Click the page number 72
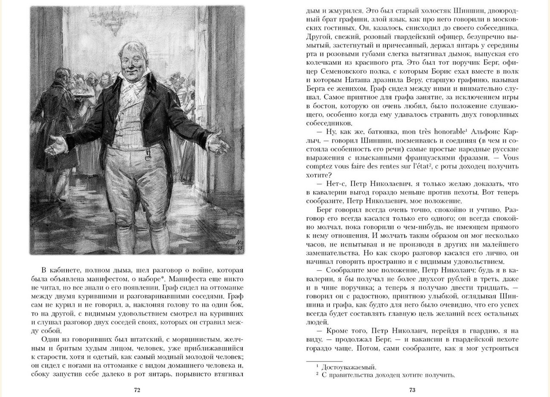coord(137,390)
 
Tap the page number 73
coord(412,390)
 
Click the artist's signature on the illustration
coord(239,245)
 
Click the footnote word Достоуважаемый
coord(349,367)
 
